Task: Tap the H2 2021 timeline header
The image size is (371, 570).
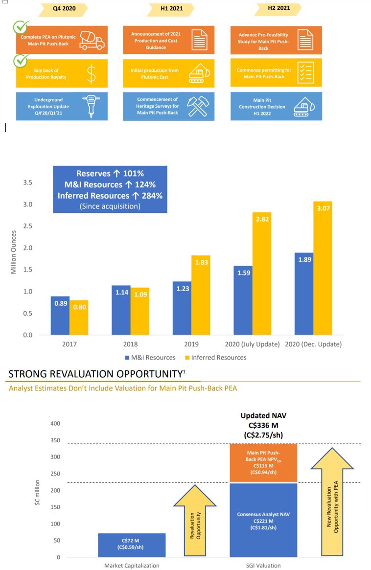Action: [x=278, y=8]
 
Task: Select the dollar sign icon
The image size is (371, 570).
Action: [x=91, y=74]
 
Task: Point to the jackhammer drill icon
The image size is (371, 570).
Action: [x=91, y=106]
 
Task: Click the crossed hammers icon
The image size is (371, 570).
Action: [x=199, y=106]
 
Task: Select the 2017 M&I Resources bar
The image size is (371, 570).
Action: [x=60, y=315]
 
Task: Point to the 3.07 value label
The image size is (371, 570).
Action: [x=323, y=209]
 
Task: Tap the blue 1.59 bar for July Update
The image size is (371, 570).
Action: [x=243, y=300]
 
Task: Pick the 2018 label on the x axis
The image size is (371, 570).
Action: [x=130, y=344]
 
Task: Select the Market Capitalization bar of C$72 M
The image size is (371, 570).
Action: [x=132, y=545]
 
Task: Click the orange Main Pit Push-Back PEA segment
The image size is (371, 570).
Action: [x=263, y=463]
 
